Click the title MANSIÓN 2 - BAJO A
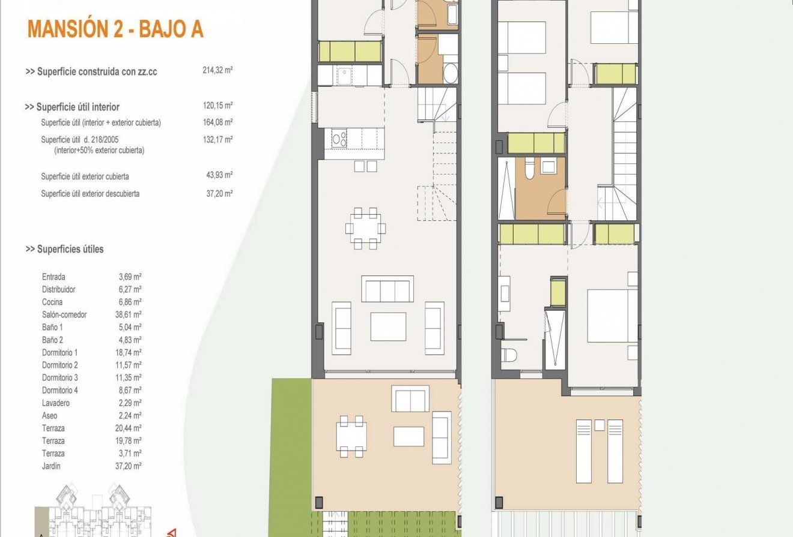click(x=115, y=29)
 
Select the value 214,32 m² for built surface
click(x=217, y=70)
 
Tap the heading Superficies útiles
click(x=64, y=249)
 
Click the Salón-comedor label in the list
click(x=64, y=314)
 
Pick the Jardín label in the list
click(x=51, y=466)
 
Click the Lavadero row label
click(x=56, y=403)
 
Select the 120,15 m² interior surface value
click(x=217, y=106)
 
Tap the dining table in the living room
click(x=365, y=228)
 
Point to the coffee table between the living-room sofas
click(x=388, y=326)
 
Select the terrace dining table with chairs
click(x=351, y=436)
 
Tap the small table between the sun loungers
click(x=599, y=425)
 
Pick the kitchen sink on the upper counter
click(x=344, y=76)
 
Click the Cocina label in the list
click(x=52, y=302)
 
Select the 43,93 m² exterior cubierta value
click(x=219, y=176)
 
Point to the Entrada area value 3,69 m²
click(x=130, y=277)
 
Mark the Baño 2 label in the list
click(x=53, y=340)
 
